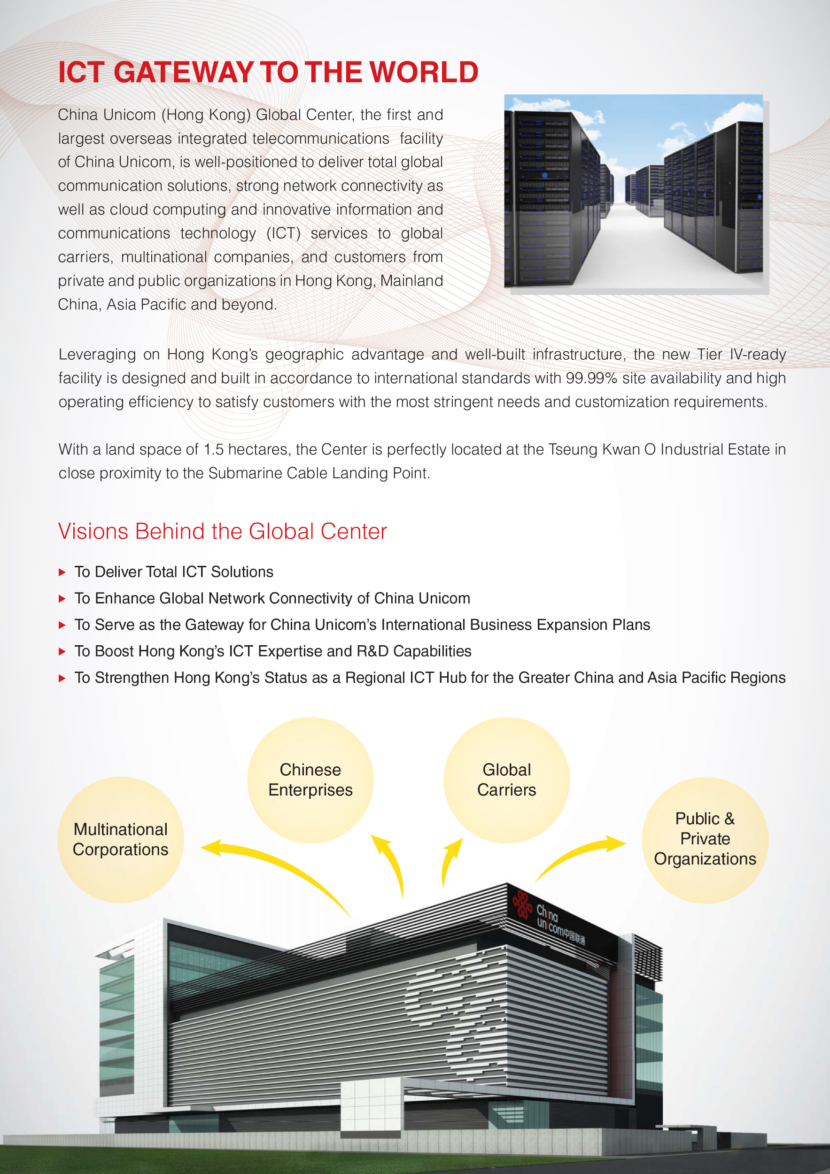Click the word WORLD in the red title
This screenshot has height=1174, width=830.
[423, 72]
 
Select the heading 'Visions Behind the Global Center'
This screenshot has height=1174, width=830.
[223, 531]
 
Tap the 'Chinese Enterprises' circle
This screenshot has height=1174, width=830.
[310, 780]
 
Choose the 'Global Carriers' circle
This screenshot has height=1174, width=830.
[506, 780]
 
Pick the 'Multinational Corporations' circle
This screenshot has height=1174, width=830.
[121, 839]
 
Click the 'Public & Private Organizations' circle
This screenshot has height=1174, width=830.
[705, 839]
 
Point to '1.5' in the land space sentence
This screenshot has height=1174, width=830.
[213, 449]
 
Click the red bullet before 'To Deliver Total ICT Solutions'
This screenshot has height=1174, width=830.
[62, 572]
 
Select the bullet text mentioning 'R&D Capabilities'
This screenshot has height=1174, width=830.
[273, 651]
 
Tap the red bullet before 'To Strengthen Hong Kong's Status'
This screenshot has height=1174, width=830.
[62, 678]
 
